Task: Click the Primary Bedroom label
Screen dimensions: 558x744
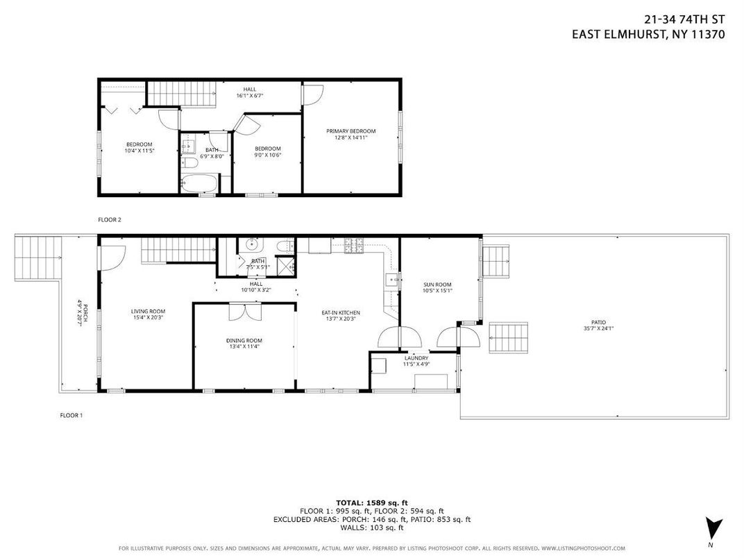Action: (x=351, y=131)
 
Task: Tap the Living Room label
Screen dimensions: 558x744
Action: (x=148, y=312)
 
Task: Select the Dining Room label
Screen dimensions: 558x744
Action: (x=244, y=340)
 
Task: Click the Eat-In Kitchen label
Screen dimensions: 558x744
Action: (x=340, y=313)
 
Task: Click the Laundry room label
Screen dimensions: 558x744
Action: (x=416, y=358)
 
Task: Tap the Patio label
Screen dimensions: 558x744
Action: (x=598, y=322)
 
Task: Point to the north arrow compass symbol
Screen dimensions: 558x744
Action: (x=710, y=527)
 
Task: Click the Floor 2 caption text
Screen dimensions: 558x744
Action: (x=109, y=219)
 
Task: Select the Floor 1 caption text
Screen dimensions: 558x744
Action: (x=71, y=416)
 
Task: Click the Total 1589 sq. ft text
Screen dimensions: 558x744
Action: (x=371, y=501)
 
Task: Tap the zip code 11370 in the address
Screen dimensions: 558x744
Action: (x=706, y=35)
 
